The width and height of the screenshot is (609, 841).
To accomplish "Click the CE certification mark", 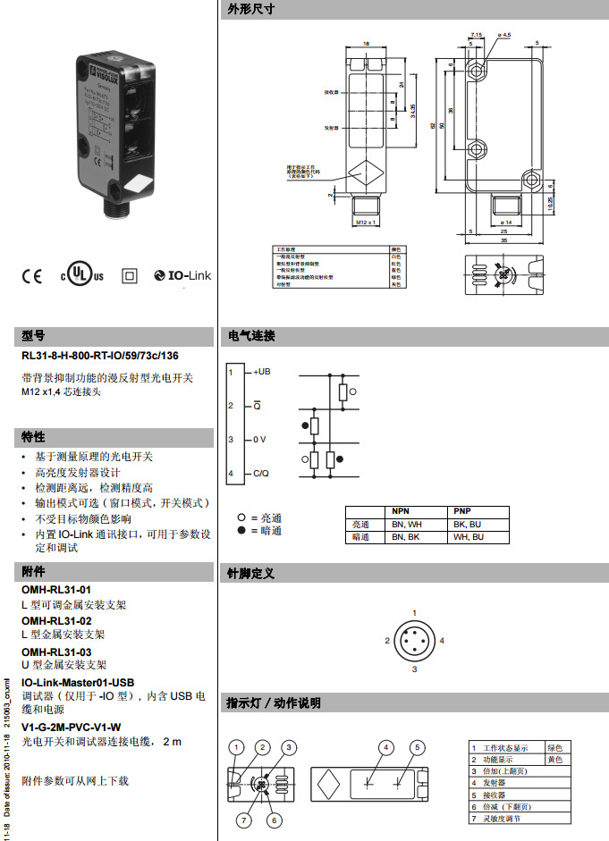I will (x=31, y=276).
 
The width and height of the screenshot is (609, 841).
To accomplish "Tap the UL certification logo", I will (x=82, y=275).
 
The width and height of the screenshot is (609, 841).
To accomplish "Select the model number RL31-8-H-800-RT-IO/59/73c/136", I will (x=99, y=356).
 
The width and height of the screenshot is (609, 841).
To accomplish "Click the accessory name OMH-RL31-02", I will (x=56, y=620).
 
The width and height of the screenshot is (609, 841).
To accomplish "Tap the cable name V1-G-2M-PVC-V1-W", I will (x=72, y=727).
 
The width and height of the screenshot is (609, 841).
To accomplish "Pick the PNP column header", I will (x=462, y=510).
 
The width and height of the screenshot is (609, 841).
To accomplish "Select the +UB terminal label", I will (x=262, y=372).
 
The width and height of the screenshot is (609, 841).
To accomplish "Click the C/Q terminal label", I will (x=260, y=473).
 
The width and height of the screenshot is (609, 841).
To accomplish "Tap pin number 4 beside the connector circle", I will (x=442, y=641).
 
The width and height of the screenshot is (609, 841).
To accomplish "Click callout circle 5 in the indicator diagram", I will (x=417, y=747).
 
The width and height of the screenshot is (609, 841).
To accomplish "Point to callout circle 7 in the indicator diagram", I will (x=243, y=820).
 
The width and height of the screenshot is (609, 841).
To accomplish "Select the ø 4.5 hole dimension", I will (x=503, y=35).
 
